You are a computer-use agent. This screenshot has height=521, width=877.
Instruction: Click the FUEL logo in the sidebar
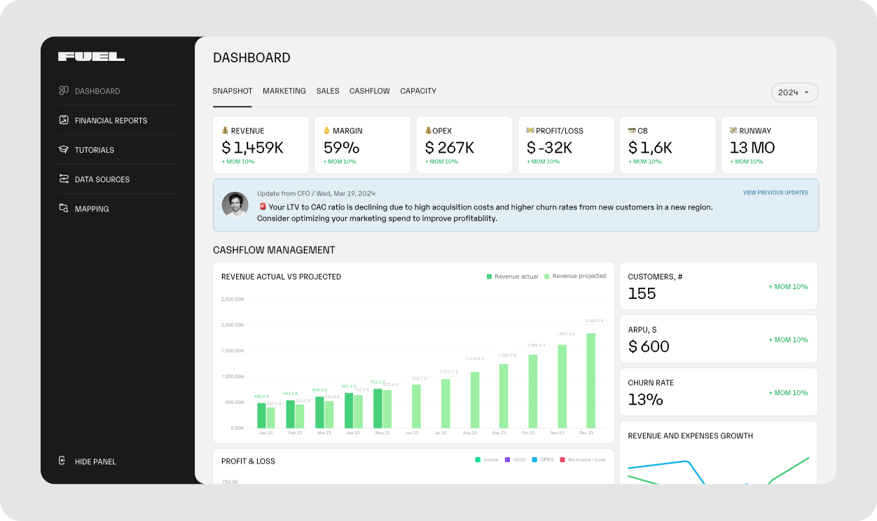pos(91,57)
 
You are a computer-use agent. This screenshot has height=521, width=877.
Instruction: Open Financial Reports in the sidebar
pos(111,120)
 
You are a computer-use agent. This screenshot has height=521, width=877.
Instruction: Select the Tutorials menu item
pos(94,150)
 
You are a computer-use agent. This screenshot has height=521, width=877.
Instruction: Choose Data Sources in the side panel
pos(102,179)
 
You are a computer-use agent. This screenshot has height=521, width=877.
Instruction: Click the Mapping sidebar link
pos(91,209)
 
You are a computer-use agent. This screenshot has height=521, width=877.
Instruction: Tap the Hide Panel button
pos(95,461)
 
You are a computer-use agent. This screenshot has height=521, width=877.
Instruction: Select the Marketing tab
pos(284,91)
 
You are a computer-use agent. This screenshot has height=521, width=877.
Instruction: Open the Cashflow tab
pos(369,91)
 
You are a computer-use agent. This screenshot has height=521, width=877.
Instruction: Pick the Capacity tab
pos(418,91)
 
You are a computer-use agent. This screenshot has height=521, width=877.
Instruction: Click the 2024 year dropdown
pos(794,92)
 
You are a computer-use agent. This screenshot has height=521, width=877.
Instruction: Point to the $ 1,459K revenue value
pos(252,148)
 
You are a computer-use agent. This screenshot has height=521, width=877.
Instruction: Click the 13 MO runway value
pos(752,148)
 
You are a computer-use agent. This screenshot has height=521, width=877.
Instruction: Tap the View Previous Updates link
pos(775,193)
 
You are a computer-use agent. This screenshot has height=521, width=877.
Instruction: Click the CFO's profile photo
pos(235,204)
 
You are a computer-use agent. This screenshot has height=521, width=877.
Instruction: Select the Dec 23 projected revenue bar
pos(591,380)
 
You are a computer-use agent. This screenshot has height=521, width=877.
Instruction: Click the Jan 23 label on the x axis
pos(266,433)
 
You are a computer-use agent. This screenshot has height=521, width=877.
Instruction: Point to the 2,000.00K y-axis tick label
pos(232,325)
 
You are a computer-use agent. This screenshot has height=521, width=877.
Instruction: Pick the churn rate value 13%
pos(645,400)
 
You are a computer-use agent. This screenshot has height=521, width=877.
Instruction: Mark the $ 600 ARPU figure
pos(649,347)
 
